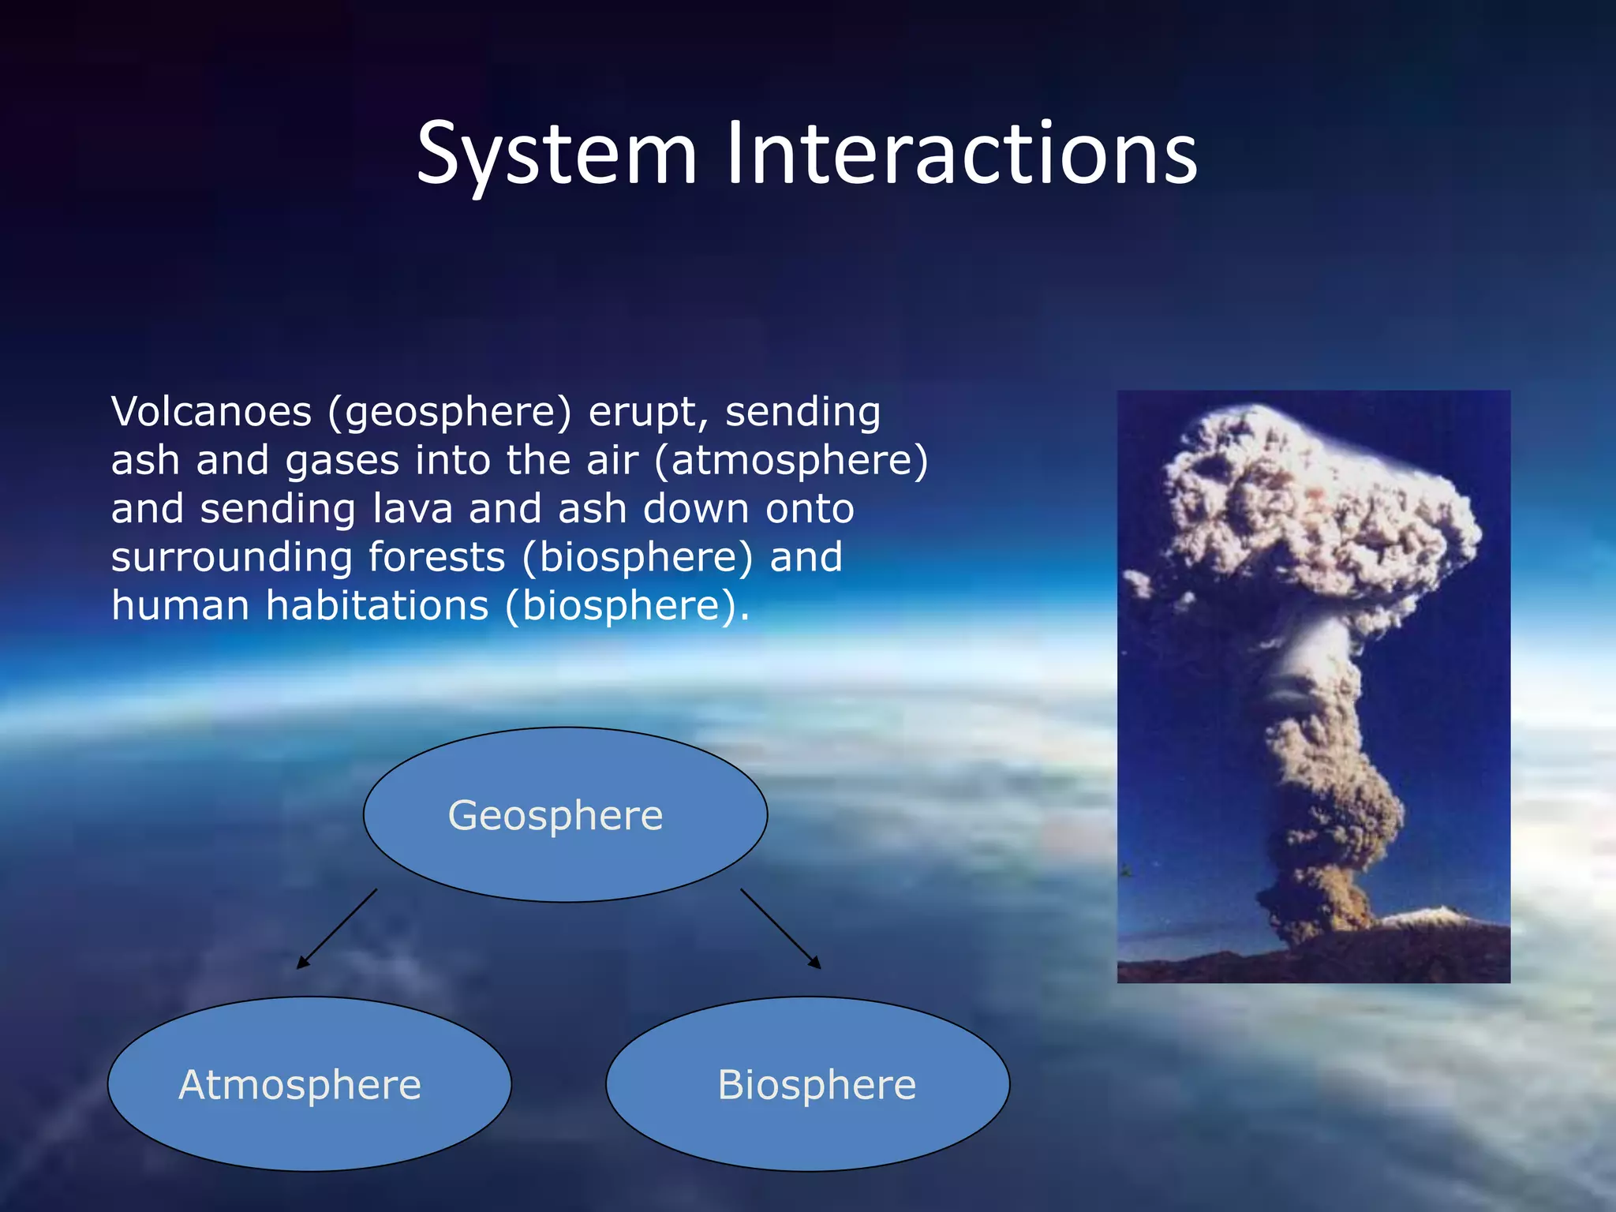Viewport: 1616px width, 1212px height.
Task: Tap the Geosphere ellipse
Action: pyautogui.click(x=565, y=814)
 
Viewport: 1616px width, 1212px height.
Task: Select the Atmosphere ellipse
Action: pyautogui.click(x=309, y=1084)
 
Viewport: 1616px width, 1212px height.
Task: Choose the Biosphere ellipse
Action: pyautogui.click(x=808, y=1084)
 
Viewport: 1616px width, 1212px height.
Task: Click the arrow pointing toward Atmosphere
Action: pyautogui.click(x=337, y=929)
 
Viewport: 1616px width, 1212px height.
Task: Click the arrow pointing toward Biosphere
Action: pyautogui.click(x=780, y=929)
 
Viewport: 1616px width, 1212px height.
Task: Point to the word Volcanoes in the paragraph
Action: pyautogui.click(x=211, y=413)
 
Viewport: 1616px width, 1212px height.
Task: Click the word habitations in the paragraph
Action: pyautogui.click(x=377, y=606)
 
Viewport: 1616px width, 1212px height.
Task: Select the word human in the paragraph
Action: pyautogui.click(x=181, y=606)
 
